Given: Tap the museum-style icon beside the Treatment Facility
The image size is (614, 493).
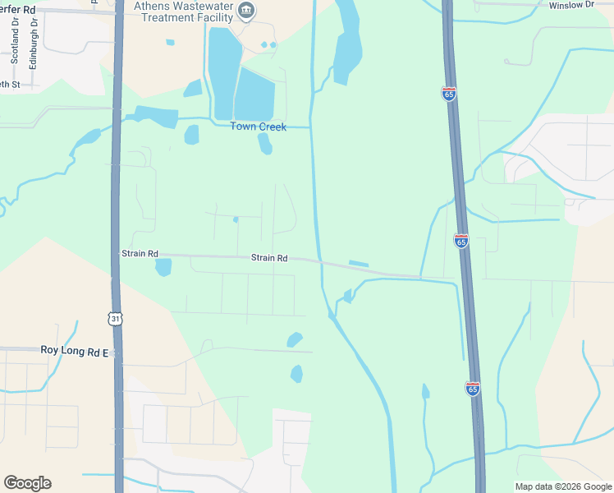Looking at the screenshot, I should pyautogui.click(x=245, y=11).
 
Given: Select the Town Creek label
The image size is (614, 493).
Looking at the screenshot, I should pyautogui.click(x=258, y=127).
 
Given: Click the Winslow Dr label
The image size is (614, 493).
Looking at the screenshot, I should pyautogui.click(x=570, y=5).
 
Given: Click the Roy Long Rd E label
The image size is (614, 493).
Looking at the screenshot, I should pyautogui.click(x=75, y=351).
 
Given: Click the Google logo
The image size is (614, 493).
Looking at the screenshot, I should pyautogui.click(x=27, y=483).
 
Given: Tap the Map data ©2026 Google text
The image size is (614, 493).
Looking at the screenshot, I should pyautogui.click(x=562, y=486).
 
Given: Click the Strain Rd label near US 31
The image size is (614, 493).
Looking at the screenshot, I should pyautogui.click(x=140, y=254).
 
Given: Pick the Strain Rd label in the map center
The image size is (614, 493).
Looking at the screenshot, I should pyautogui.click(x=269, y=258).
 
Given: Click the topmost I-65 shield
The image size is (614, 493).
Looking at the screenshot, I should pyautogui.click(x=448, y=94).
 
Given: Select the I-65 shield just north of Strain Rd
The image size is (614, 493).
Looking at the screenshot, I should pyautogui.click(x=460, y=241).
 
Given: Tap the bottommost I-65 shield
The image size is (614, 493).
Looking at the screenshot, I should pyautogui.click(x=472, y=389).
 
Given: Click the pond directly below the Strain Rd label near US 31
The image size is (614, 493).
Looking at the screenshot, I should pyautogui.click(x=163, y=267).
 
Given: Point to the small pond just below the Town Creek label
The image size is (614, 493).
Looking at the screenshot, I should pyautogui.click(x=264, y=144).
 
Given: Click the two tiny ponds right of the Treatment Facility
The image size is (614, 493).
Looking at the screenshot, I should pyautogui.click(x=268, y=44).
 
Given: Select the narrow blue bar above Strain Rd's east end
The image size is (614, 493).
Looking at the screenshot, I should pyautogui.click(x=359, y=264).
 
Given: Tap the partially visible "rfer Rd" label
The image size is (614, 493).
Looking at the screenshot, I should pyautogui.click(x=17, y=9).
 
